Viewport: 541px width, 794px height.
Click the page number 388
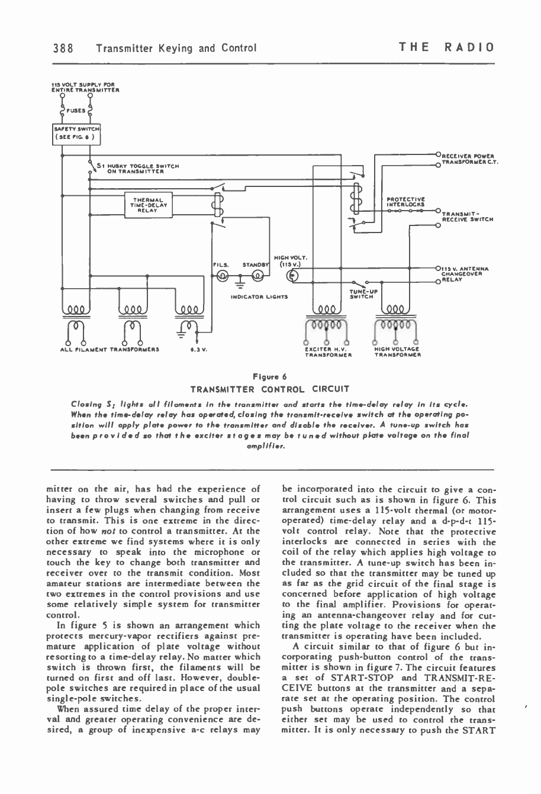(62, 47)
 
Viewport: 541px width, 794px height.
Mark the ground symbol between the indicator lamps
(239, 284)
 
